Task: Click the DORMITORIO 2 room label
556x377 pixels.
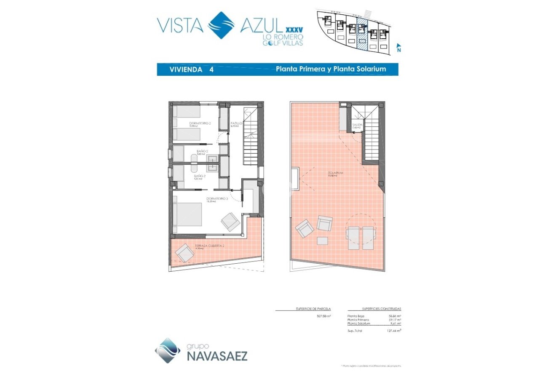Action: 200,123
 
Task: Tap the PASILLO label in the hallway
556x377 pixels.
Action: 236,123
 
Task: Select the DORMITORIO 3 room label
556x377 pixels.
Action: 217,199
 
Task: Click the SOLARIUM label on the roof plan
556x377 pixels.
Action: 337,173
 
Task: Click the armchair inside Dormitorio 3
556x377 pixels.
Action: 230,221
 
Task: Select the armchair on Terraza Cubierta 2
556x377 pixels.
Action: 184,253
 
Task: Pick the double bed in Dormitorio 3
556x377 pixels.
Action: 188,214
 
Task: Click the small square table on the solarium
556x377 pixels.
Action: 322,241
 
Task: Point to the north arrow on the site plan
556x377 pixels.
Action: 398,48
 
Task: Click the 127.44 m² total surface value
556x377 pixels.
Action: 394,331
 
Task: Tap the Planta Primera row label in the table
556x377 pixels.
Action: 358,320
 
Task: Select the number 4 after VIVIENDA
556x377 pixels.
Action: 211,70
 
